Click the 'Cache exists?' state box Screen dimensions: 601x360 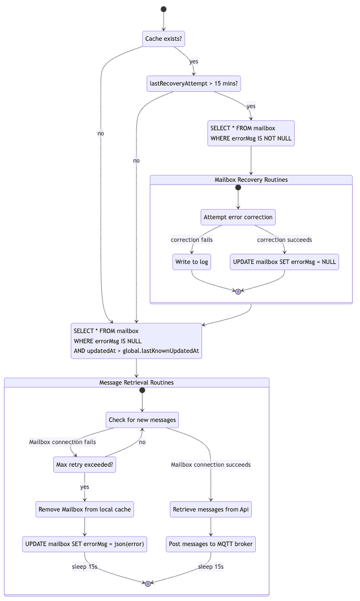(x=164, y=39)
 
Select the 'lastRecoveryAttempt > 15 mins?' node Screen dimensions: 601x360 (x=194, y=84)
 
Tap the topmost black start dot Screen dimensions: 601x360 (x=164, y=9)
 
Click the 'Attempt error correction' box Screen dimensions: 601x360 (x=238, y=217)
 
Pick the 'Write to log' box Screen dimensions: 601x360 (x=192, y=262)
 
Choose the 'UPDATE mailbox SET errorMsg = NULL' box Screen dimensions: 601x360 (x=285, y=262)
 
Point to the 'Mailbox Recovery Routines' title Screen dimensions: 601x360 (x=251, y=180)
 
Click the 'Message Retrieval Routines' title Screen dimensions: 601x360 (x=136, y=382)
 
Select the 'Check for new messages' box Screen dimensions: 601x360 (x=142, y=420)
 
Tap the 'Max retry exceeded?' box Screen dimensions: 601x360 (x=85, y=465)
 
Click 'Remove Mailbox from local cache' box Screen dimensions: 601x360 (x=85, y=509)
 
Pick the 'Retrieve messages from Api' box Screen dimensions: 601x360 (x=211, y=509)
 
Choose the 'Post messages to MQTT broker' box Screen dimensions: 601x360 (x=211, y=544)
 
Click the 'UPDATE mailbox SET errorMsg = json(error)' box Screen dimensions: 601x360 (x=85, y=544)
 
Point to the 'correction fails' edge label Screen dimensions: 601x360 (x=192, y=240)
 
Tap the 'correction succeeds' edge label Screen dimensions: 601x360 (x=285, y=240)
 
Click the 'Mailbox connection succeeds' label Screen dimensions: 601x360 (x=211, y=464)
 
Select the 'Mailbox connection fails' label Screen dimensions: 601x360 (x=63, y=442)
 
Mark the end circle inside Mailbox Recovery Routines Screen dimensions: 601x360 (x=238, y=291)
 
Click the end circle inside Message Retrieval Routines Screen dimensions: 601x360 (x=148, y=583)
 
